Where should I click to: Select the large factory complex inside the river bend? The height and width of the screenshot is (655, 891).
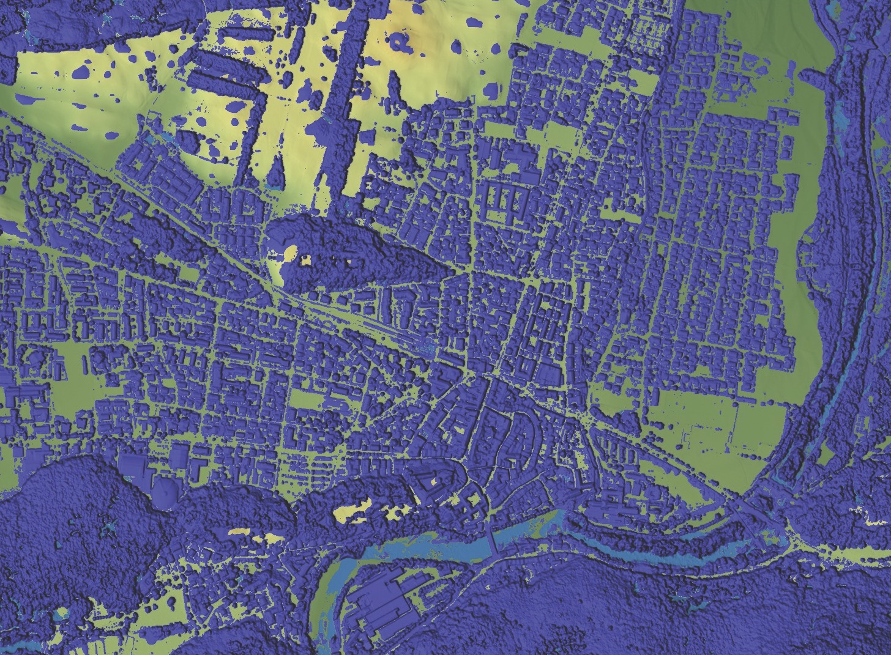coord(376,599)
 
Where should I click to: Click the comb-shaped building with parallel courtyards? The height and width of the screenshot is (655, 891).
coord(508,199)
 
